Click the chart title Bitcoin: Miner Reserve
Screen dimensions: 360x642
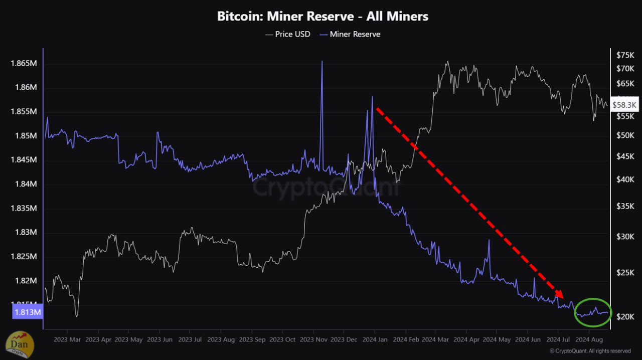tap(323, 16)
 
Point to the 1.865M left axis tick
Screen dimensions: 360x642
tap(24, 64)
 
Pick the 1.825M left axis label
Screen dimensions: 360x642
tap(24, 257)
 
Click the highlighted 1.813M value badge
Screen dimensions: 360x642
tap(27, 313)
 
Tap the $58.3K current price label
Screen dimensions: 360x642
tap(624, 104)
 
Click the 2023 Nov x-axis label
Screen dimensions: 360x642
tap(313, 339)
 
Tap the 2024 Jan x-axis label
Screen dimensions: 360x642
tap(375, 339)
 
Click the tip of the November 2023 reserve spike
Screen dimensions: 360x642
tap(322, 61)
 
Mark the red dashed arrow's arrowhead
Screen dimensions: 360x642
tap(560, 295)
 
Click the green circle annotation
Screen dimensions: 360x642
tap(593, 313)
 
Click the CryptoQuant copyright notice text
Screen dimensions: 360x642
tap(590, 351)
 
